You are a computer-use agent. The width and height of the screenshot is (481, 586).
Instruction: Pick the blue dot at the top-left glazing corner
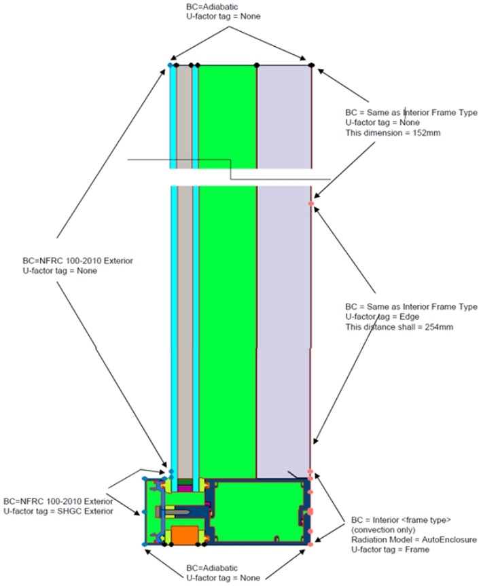click(171, 65)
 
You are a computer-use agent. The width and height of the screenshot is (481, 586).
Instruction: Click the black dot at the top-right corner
click(311, 65)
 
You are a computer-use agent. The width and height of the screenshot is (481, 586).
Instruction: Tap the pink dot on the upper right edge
click(311, 203)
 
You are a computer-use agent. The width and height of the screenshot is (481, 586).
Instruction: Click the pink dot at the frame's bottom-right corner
click(310, 544)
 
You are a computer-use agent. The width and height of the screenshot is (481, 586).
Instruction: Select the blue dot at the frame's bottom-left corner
click(144, 544)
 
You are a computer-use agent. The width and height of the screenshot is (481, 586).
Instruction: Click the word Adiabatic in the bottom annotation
click(219, 568)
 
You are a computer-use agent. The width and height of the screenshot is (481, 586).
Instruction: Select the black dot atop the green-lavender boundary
click(257, 65)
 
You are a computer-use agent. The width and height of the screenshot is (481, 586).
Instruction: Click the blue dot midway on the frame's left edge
click(144, 511)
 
